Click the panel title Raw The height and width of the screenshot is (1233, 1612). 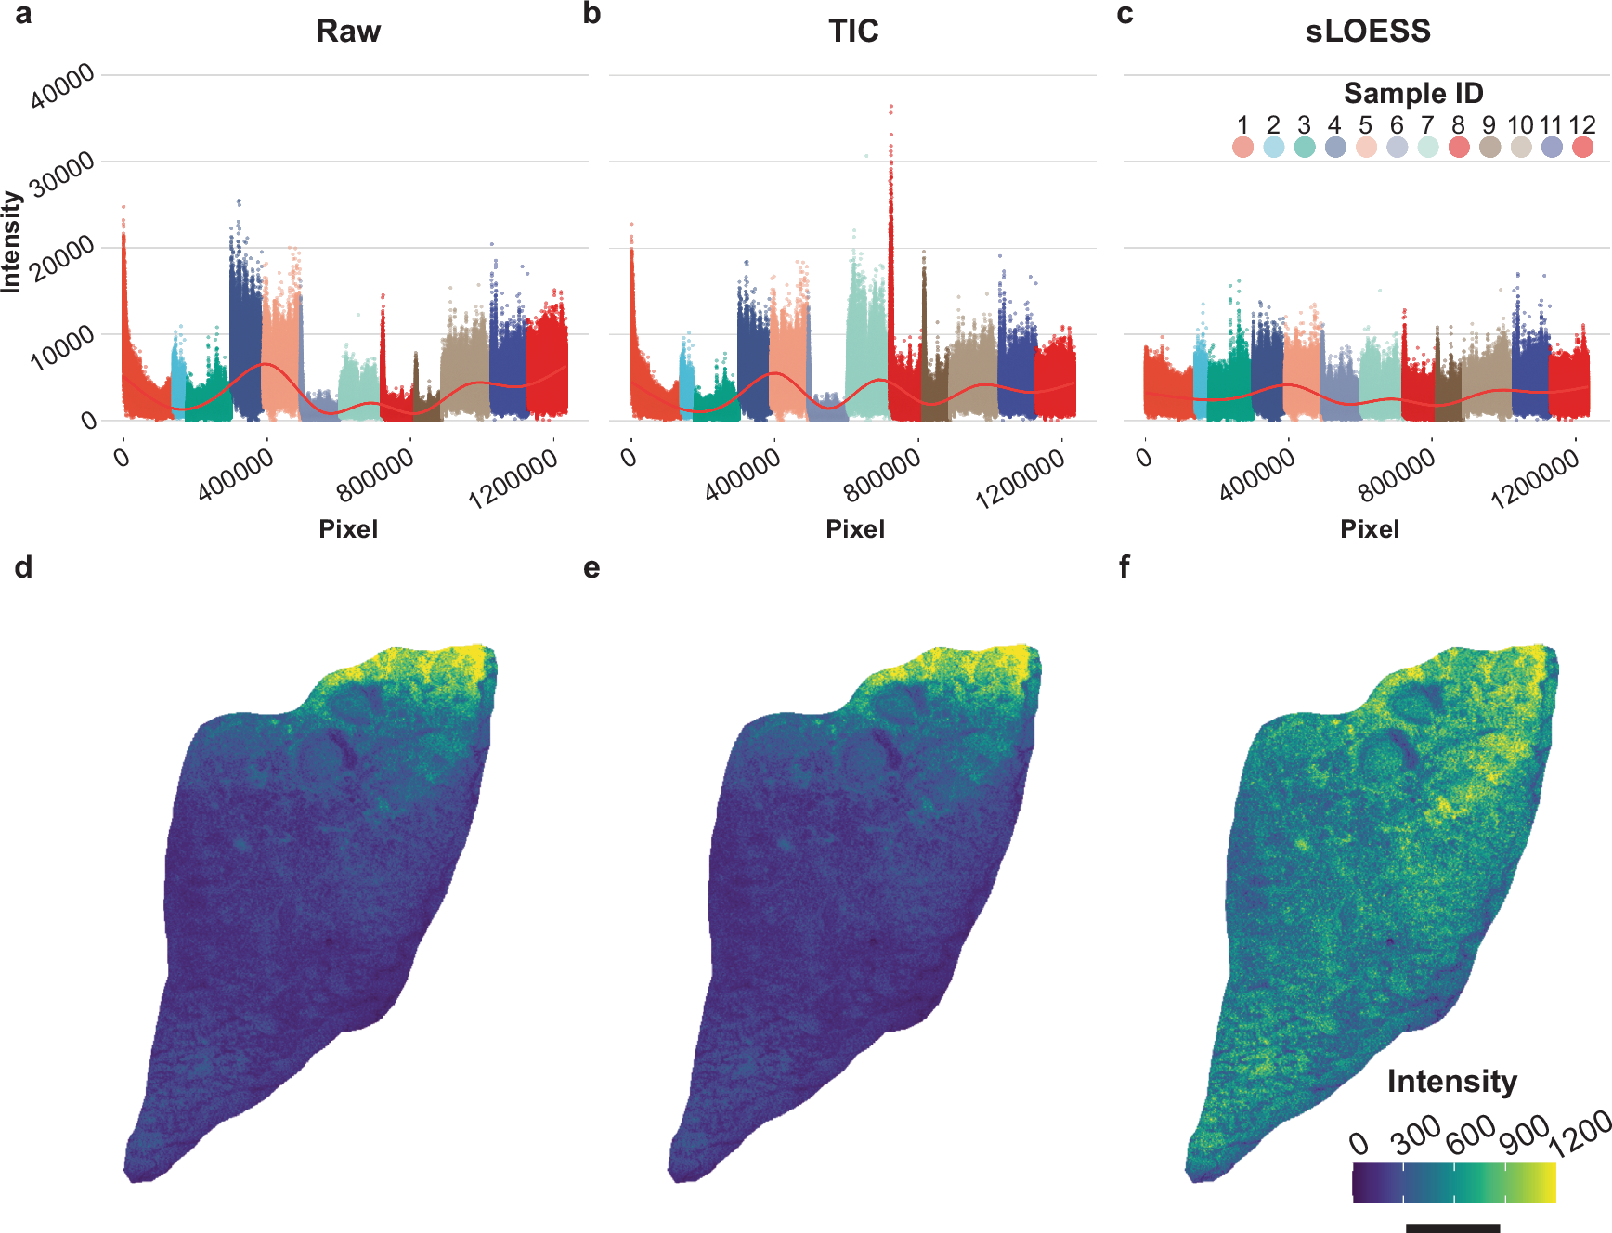pos(348,32)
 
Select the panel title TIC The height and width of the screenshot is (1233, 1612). pos(853,32)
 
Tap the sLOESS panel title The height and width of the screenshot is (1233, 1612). pos(1368,32)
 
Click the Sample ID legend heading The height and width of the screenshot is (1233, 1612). pos(1413,93)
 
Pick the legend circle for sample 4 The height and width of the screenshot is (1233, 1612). pos(1335,147)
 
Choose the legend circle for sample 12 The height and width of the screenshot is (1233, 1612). pos(1582,147)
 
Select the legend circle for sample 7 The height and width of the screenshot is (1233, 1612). pos(1428,147)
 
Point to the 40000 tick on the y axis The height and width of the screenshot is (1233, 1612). pos(63,86)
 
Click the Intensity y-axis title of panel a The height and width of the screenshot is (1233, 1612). pos(11,241)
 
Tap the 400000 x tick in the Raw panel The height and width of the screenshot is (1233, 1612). pos(237,474)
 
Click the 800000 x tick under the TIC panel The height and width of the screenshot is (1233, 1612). pos(882,474)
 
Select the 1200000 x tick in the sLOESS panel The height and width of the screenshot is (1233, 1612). pos(1534,478)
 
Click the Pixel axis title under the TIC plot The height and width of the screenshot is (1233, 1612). pos(855,529)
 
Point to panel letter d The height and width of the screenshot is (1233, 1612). pos(23,567)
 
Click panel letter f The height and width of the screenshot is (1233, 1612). pos(1124,567)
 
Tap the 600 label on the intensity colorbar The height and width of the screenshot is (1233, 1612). pos(1471,1135)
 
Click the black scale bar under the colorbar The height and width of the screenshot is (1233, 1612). pos(1452,1227)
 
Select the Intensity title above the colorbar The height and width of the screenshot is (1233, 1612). pos(1451,1082)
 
